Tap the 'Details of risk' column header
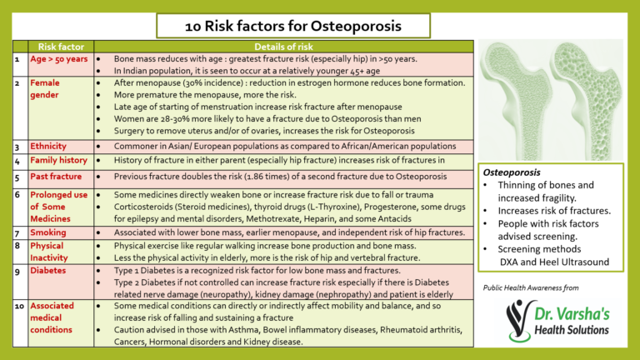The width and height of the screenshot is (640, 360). pyautogui.click(x=282, y=48)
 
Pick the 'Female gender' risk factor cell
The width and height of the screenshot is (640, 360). pyautogui.click(x=46, y=89)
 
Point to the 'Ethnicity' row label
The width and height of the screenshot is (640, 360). pyautogui.click(x=48, y=146)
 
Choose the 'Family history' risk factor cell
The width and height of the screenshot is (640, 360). pyautogui.click(x=58, y=160)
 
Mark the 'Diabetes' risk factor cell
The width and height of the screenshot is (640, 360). pyautogui.click(x=48, y=271)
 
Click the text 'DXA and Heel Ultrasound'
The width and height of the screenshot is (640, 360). pyautogui.click(x=554, y=262)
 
